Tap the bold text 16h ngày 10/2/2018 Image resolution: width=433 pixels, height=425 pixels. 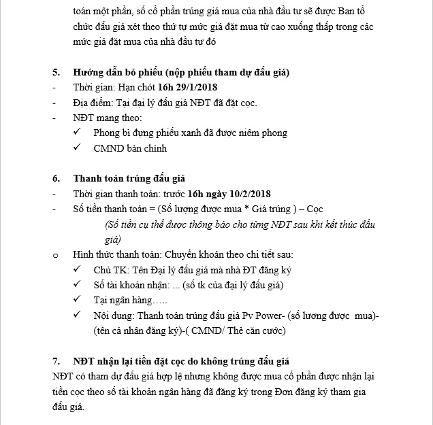pyautogui.click(x=231, y=194)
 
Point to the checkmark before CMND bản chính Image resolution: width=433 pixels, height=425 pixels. pyautogui.click(x=78, y=148)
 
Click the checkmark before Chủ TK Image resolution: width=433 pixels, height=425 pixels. pyautogui.click(x=78, y=270)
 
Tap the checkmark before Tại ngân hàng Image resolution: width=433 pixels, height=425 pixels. pyautogui.click(x=78, y=300)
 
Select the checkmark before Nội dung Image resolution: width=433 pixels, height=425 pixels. pyautogui.click(x=78, y=316)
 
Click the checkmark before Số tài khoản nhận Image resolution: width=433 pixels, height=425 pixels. pyautogui.click(x=78, y=285)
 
